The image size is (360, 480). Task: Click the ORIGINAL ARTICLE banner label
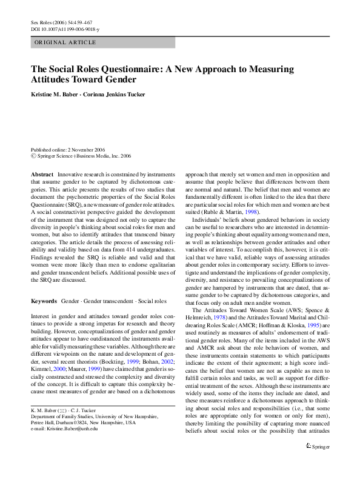[x=65, y=42]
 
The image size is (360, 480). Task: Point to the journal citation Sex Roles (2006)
[x=50, y=22]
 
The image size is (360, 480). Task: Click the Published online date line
[x=68, y=150]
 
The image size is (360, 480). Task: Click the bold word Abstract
[x=42, y=174]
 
